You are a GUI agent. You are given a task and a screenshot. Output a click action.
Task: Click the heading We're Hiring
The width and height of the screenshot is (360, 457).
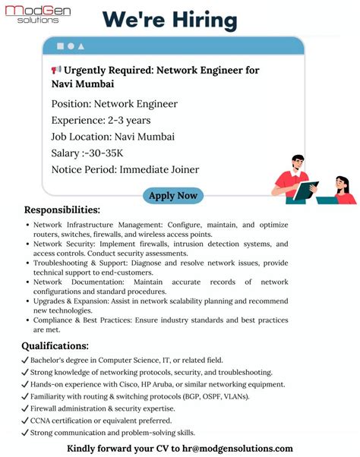[169, 19]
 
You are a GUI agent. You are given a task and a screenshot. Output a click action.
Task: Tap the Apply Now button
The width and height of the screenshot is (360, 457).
[173, 196]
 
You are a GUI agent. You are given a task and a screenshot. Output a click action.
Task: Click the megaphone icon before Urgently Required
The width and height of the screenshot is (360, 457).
[56, 70]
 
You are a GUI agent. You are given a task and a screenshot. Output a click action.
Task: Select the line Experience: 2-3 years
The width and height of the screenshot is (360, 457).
[101, 120]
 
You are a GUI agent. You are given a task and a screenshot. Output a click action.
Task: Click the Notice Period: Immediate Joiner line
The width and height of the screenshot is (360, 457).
[125, 169]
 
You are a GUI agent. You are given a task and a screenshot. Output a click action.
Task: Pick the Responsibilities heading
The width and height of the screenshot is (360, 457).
[62, 210]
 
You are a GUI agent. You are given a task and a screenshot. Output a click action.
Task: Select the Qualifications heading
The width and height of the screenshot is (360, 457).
[55, 346]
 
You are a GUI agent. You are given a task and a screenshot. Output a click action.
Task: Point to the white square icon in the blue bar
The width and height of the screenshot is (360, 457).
[59, 46]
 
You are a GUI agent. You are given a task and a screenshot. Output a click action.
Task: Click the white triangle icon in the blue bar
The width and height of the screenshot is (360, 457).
[81, 46]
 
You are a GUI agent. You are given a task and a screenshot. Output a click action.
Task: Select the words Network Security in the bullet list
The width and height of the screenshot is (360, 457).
[64, 244]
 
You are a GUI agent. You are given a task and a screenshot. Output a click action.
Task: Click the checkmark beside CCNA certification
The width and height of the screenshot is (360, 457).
[25, 420]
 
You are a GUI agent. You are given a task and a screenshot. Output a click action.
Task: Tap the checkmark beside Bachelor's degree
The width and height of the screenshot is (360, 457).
[25, 360]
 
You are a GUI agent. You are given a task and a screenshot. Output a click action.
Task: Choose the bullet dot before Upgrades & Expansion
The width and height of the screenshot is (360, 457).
[27, 302]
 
